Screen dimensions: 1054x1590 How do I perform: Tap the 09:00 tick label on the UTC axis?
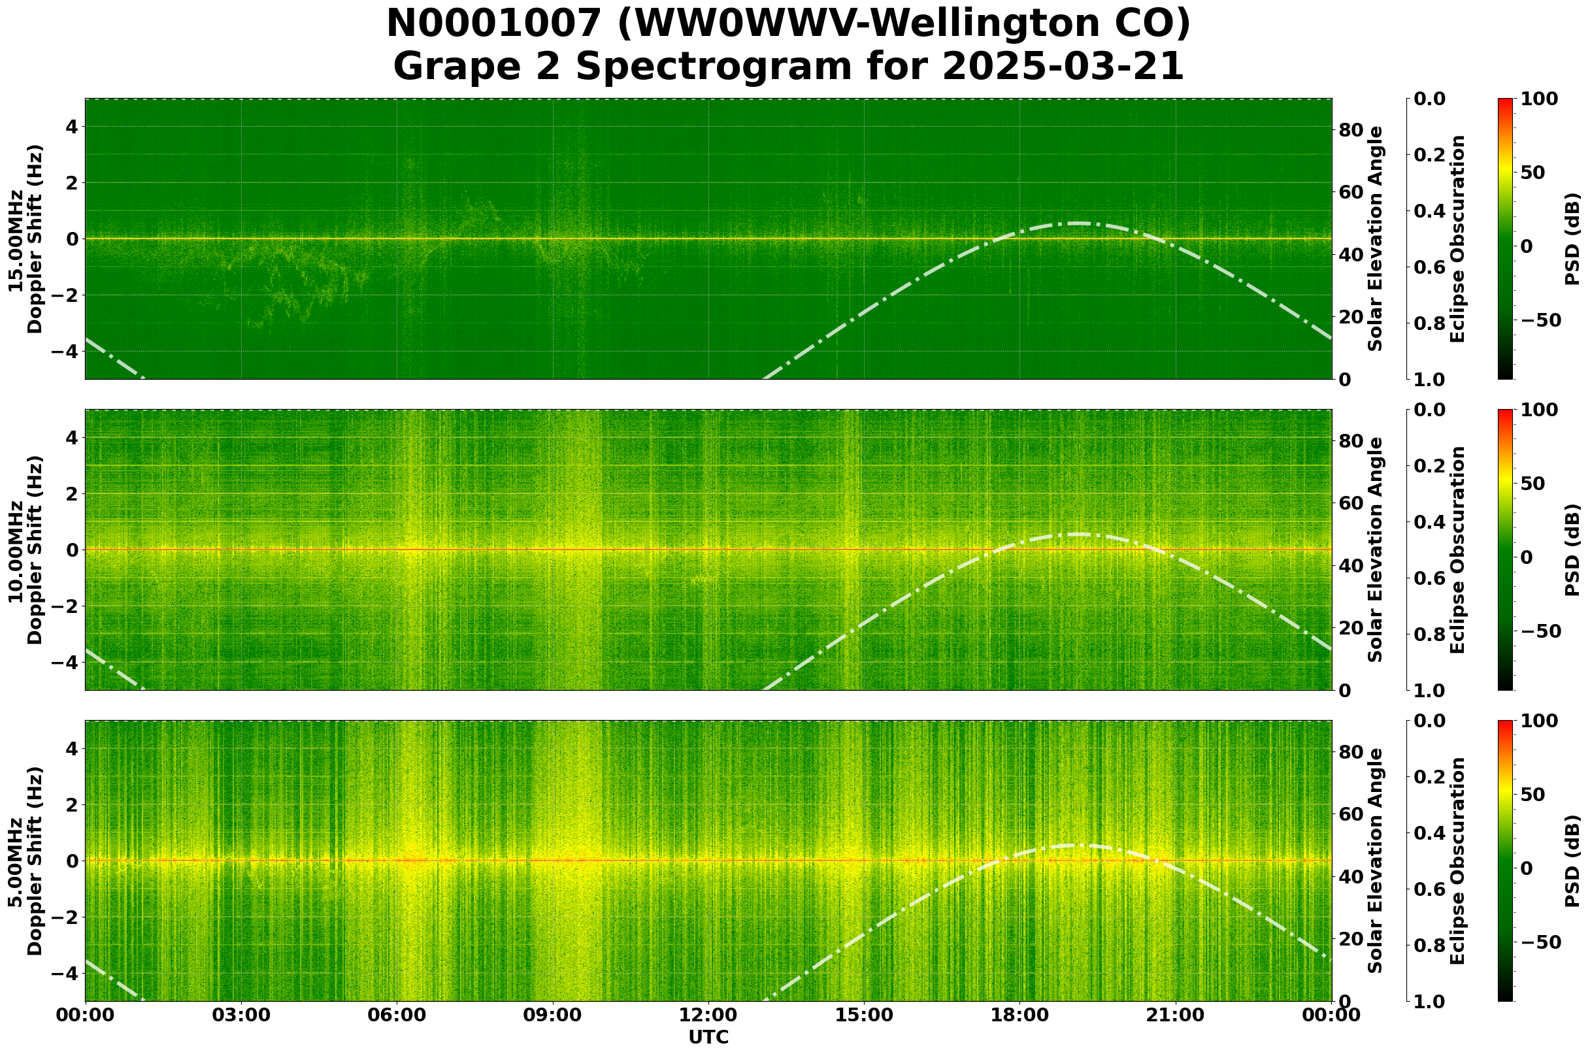[x=552, y=1015]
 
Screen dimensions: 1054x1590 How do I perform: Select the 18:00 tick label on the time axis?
[x=1019, y=1015]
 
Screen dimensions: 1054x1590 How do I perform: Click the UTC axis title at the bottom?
[x=708, y=1037]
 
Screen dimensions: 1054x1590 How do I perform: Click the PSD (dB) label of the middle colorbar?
[x=1572, y=550]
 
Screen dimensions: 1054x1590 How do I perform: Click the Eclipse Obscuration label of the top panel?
[x=1457, y=239]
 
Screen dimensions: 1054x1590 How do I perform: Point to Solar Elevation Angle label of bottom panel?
[x=1376, y=861]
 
